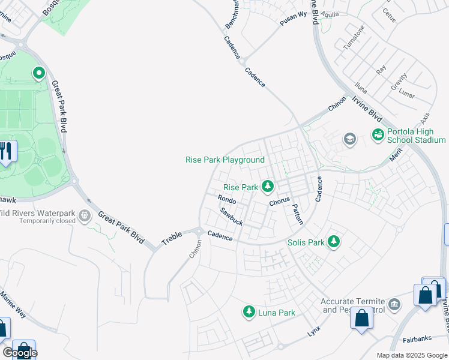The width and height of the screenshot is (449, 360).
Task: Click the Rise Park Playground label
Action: (225, 160)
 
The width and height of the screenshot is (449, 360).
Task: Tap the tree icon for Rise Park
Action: (267, 187)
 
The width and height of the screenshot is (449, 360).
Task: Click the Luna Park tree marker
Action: (249, 312)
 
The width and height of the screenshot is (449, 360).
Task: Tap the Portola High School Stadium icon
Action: (378, 134)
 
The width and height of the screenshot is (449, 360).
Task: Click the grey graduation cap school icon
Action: (349, 140)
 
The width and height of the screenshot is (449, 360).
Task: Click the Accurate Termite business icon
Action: (394, 305)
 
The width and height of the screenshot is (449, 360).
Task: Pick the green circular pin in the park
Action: (39, 74)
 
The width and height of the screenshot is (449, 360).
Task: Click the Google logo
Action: (20, 353)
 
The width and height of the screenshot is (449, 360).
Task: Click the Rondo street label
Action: (227, 200)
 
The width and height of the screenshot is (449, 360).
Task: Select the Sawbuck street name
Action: (231, 216)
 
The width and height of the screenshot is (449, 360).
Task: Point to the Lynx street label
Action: (313, 331)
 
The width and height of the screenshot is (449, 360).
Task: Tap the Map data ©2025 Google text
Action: (412, 355)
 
